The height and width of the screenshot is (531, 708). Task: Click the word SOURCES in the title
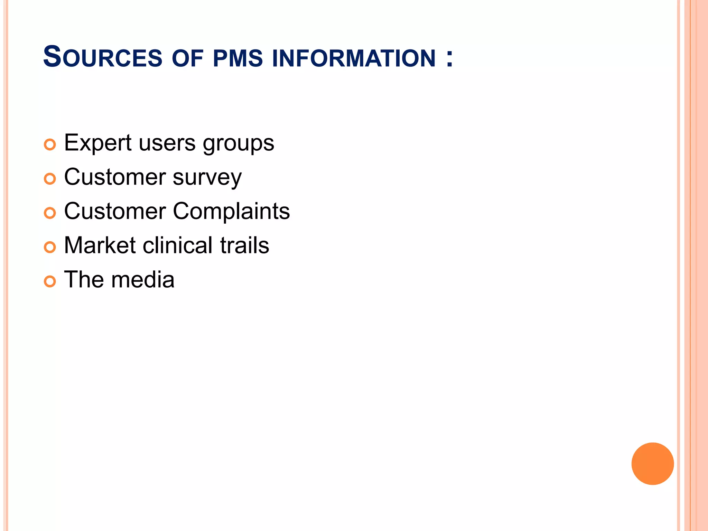click(x=103, y=57)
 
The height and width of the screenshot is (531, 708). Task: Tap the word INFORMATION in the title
click(x=354, y=58)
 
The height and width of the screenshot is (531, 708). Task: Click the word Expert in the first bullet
click(x=97, y=143)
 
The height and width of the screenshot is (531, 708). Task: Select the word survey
click(x=207, y=178)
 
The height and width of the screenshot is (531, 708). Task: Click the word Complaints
click(x=231, y=211)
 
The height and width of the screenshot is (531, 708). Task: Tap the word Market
click(x=100, y=245)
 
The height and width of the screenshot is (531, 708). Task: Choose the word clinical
click(x=178, y=245)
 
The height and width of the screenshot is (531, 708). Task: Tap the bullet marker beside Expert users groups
click(x=50, y=145)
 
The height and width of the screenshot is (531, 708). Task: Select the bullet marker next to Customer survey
click(x=50, y=179)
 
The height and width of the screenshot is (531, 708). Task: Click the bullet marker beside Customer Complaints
click(x=50, y=213)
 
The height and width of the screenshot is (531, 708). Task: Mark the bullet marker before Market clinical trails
click(x=50, y=247)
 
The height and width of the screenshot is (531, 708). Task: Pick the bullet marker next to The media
click(x=50, y=281)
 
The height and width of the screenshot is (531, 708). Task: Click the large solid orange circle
click(x=652, y=464)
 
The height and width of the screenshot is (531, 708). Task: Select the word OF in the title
click(x=187, y=58)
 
